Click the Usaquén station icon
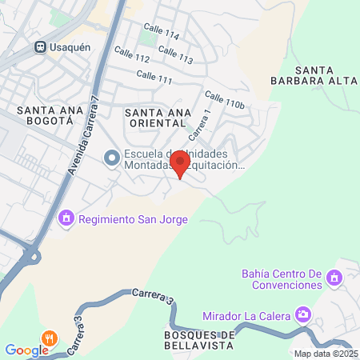[38, 46]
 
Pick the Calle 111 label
[154, 77]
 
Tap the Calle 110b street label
[223, 100]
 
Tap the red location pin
[180, 164]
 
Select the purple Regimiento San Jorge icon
[66, 217]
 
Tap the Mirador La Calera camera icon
[303, 313]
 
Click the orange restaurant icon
[50, 337]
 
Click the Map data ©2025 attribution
[325, 354]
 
